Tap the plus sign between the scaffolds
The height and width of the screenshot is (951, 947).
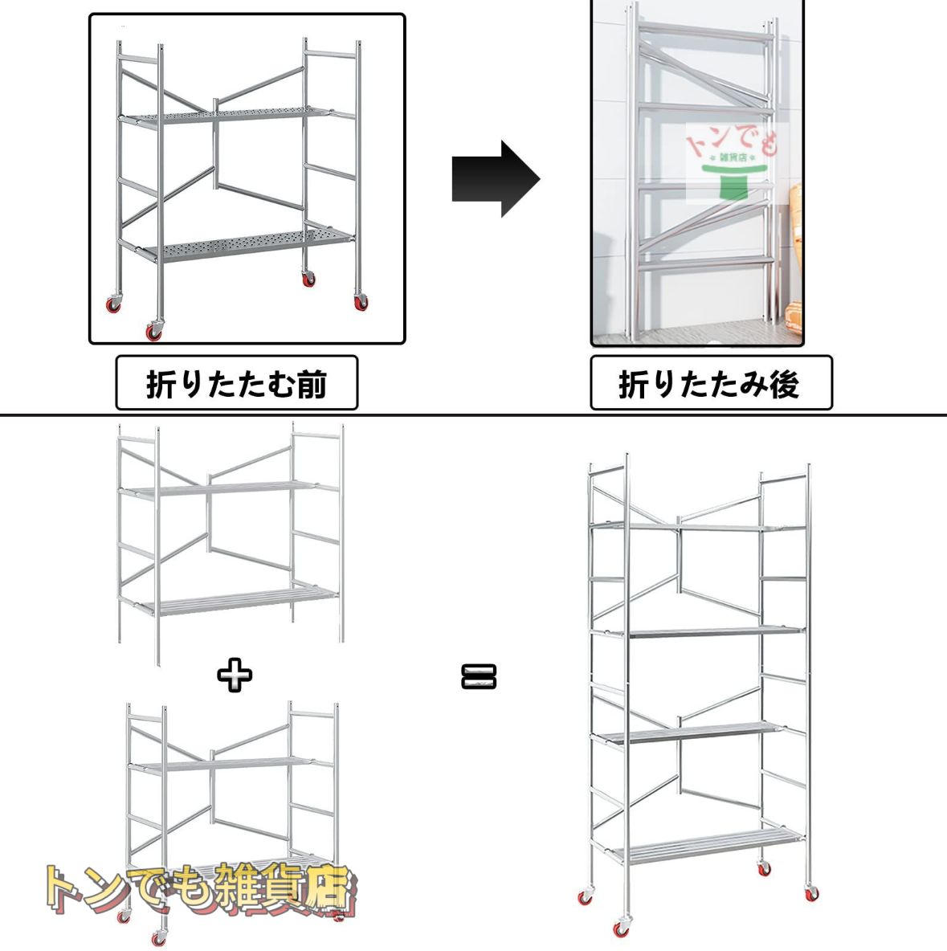(235, 675)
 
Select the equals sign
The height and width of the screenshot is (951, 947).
(479, 676)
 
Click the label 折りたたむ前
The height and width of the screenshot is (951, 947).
(237, 384)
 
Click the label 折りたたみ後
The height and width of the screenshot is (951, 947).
(710, 384)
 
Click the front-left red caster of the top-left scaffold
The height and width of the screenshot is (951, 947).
(153, 330)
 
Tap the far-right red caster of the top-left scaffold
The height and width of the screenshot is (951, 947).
(359, 303)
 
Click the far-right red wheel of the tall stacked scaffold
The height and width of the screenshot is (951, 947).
(812, 893)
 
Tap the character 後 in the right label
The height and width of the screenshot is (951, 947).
(783, 384)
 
